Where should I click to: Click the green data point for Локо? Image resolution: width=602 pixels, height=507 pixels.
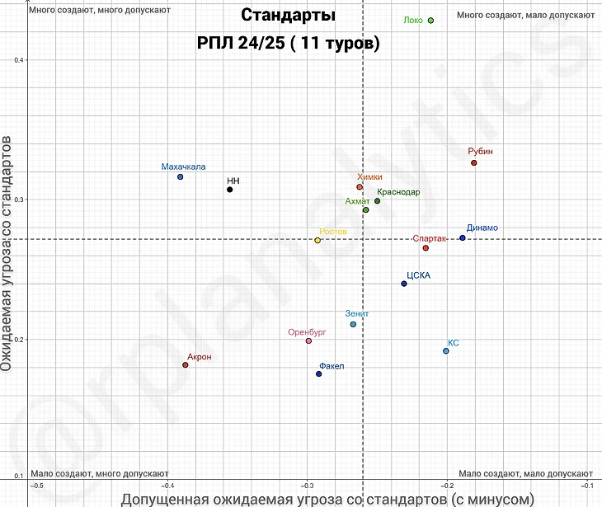430,21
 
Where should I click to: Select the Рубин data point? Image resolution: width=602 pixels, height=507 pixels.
474,163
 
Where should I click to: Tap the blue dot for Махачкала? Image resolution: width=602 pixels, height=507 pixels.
180,177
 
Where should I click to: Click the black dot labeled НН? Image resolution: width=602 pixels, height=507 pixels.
229,190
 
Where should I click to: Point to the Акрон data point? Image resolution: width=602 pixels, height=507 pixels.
186,365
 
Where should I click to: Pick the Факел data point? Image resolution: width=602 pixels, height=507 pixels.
318,374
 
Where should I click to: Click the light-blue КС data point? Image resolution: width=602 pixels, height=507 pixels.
446,351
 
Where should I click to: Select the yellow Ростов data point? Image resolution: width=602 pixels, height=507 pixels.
317,241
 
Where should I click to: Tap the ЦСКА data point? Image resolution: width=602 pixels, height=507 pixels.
404,284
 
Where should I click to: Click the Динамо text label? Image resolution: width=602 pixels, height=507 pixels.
482,228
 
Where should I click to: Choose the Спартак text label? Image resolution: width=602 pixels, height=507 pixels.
429,238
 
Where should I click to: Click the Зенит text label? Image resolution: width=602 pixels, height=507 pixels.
357,314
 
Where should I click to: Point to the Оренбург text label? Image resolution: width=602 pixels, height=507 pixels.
307,332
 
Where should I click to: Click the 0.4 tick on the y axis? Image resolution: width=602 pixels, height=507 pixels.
19,59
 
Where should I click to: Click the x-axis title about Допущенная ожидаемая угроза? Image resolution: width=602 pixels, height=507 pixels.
328,498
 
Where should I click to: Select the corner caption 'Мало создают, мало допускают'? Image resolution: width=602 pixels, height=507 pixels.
527,473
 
